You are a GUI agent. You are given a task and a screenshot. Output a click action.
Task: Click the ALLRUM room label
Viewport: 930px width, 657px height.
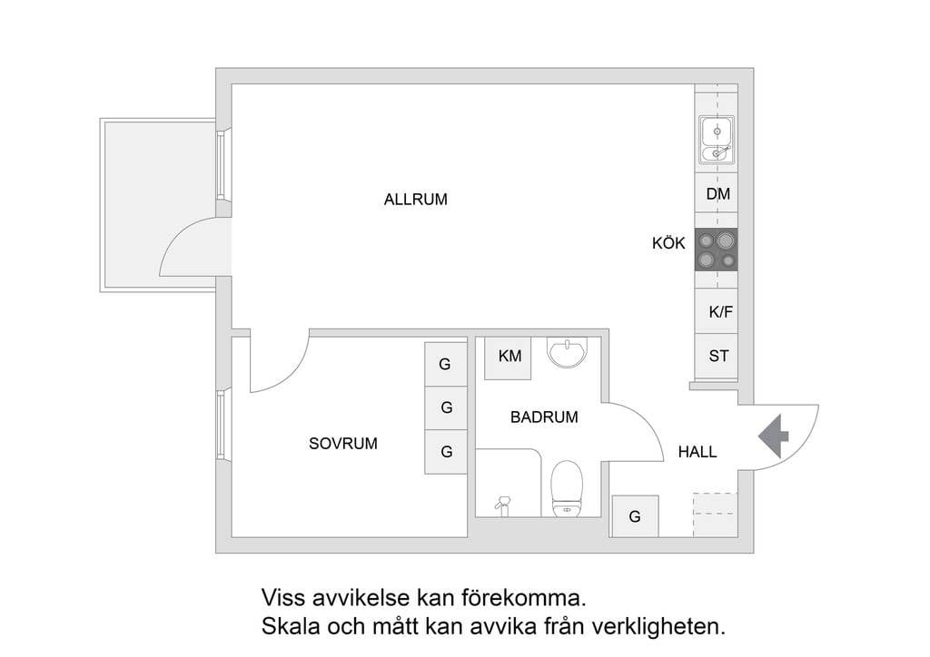(x=415, y=200)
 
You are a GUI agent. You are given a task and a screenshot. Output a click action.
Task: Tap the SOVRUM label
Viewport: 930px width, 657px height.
(x=342, y=444)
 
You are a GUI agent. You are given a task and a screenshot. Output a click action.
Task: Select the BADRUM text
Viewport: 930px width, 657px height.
(x=544, y=417)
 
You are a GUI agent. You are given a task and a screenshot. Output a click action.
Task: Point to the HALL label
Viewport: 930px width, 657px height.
(x=697, y=451)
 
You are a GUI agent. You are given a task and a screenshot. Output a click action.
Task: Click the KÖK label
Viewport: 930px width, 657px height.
(x=668, y=243)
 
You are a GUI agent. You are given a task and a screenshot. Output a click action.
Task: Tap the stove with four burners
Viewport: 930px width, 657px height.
(x=717, y=250)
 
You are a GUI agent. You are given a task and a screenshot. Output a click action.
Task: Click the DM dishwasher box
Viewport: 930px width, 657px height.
(x=717, y=194)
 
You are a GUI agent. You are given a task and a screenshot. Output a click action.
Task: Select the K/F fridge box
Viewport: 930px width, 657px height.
(x=720, y=312)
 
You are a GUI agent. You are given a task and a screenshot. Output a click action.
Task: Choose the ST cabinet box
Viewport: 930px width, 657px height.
(x=718, y=356)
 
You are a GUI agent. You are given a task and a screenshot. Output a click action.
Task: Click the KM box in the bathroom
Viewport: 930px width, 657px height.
(x=510, y=356)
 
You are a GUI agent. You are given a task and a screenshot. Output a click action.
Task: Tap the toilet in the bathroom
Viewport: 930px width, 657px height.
(x=568, y=488)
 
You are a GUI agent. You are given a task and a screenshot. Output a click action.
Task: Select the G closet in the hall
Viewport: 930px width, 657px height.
(x=635, y=516)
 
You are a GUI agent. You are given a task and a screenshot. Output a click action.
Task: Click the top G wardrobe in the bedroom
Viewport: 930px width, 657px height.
(x=445, y=364)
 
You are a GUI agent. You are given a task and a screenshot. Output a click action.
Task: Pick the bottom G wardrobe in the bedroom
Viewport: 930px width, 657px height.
(x=446, y=451)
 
